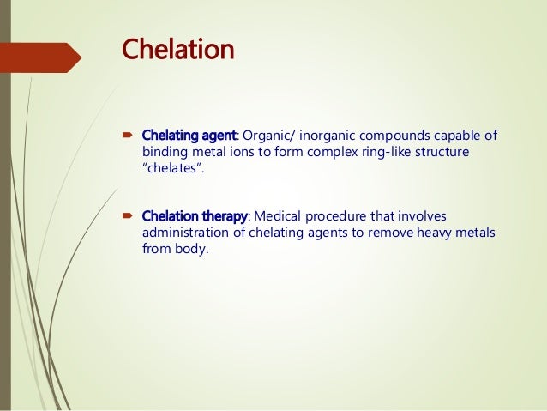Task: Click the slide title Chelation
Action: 178,49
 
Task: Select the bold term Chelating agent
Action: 188,136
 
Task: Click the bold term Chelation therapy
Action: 194,215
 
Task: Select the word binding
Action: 165,152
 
